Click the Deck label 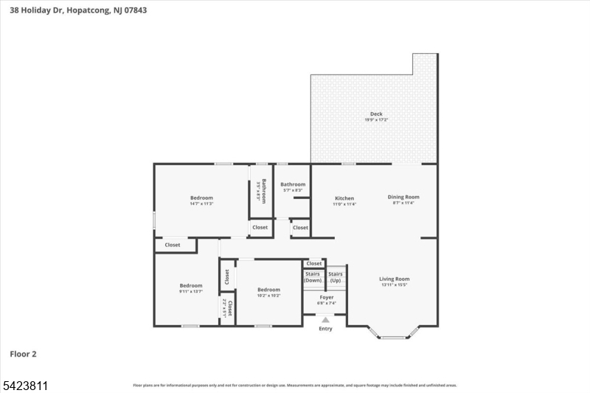click(x=376, y=114)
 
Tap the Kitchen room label click(x=344, y=198)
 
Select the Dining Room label click(x=403, y=197)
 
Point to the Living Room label click(x=394, y=279)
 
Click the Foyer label click(x=326, y=297)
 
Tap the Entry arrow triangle click(x=325, y=319)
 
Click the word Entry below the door click(x=325, y=329)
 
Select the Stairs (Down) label click(x=313, y=277)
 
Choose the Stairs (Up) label click(x=336, y=277)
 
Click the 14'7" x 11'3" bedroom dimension click(x=201, y=204)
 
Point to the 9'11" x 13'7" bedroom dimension click(x=190, y=291)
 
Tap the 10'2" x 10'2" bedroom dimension click(x=268, y=295)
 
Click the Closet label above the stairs click(x=314, y=263)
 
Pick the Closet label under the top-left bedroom click(x=173, y=245)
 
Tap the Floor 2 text click(x=23, y=354)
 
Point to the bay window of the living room click(x=394, y=336)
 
